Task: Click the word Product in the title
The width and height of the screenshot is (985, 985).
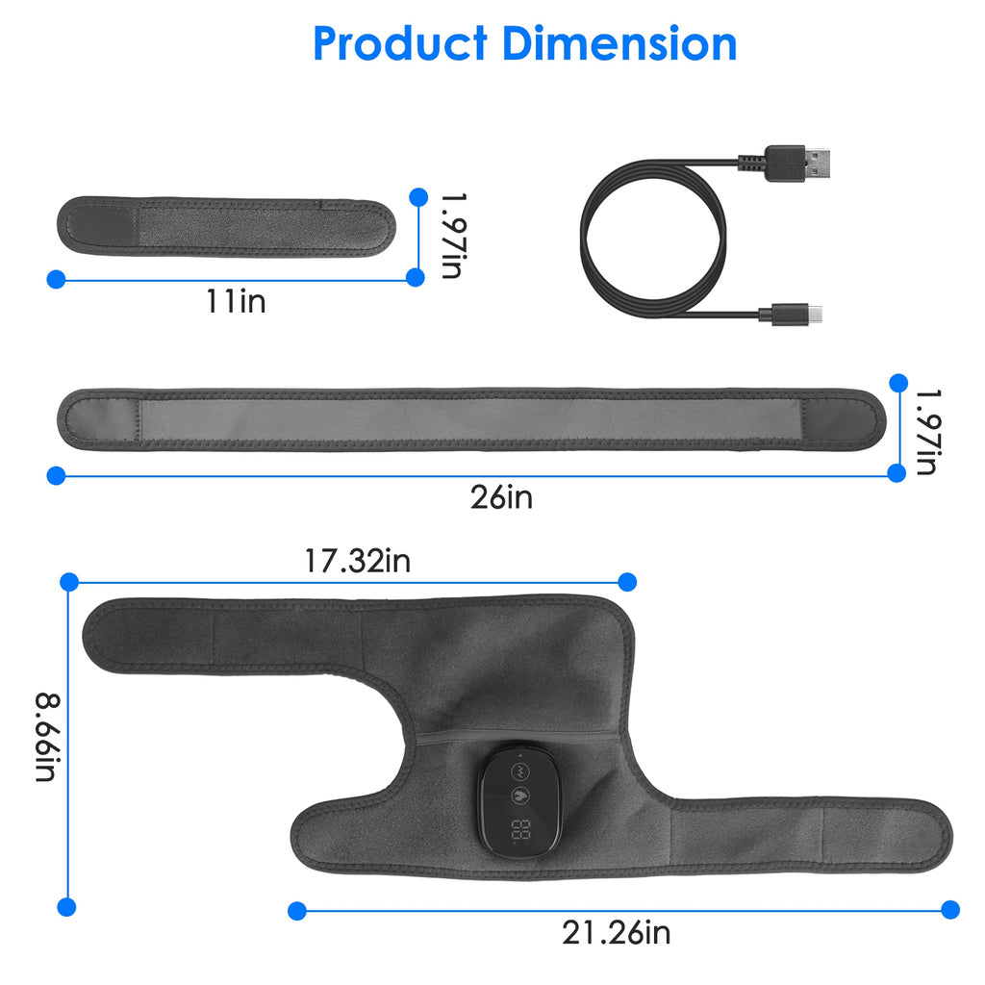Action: [400, 43]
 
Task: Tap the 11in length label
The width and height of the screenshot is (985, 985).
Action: [236, 301]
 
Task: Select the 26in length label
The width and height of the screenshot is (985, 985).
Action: [501, 497]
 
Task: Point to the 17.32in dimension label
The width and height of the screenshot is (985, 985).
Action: [357, 561]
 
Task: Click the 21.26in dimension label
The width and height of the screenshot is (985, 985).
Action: [617, 932]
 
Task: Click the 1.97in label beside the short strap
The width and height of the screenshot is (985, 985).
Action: [450, 234]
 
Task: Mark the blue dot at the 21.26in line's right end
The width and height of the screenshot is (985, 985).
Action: [950, 909]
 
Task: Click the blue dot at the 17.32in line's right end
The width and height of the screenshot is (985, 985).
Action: [627, 581]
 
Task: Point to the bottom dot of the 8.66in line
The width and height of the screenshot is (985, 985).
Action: [66, 906]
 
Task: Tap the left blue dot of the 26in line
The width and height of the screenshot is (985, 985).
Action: [56, 474]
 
